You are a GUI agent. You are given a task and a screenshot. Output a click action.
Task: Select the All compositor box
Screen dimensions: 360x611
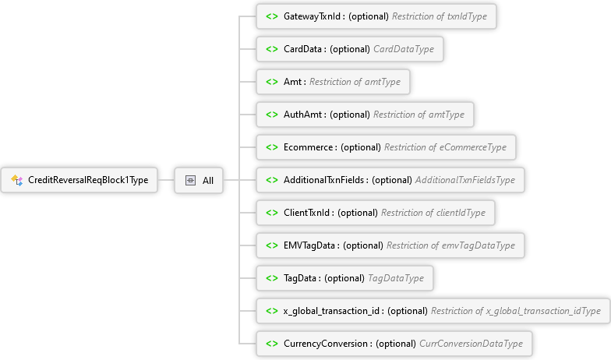click(x=199, y=180)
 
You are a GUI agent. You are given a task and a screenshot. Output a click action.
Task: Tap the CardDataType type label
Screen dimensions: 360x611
click(x=398, y=49)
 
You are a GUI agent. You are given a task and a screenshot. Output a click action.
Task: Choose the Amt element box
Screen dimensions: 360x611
click(x=333, y=82)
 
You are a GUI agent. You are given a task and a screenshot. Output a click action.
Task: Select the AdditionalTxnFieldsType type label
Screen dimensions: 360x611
click(x=464, y=180)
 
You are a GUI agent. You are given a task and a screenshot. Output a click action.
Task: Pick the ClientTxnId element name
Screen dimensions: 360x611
click(x=309, y=213)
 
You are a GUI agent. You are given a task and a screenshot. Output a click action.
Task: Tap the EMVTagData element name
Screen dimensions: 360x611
click(x=311, y=245)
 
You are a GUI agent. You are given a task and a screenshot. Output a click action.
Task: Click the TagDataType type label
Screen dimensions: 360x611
click(x=395, y=278)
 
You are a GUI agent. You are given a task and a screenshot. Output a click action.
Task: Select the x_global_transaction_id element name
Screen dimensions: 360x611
click(x=333, y=311)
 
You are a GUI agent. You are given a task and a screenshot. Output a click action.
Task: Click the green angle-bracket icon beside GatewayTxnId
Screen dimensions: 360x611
click(x=272, y=16)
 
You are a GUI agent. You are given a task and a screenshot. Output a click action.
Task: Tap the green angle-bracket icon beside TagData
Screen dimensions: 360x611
click(x=272, y=278)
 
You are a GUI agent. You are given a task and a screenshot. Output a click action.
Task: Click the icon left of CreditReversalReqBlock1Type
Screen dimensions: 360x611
click(x=16, y=180)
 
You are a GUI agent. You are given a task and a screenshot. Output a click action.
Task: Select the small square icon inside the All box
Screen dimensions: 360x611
click(x=189, y=180)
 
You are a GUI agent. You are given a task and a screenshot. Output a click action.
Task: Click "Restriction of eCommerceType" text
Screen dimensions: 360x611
click(x=445, y=147)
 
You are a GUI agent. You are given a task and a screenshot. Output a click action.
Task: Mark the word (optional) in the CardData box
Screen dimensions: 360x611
click(x=350, y=49)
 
